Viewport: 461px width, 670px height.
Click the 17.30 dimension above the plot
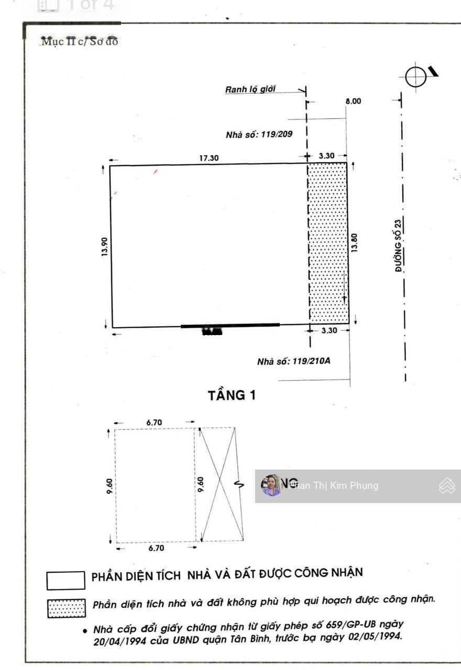click(x=209, y=158)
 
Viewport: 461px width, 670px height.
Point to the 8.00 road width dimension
click(x=353, y=101)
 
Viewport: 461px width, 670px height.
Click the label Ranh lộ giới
click(x=250, y=90)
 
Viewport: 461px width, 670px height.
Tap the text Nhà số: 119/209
click(x=259, y=134)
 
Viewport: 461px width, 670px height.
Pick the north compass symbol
click(x=416, y=77)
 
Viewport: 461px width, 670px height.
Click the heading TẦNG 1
click(x=232, y=395)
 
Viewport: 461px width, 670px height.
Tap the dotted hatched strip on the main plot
click(x=328, y=243)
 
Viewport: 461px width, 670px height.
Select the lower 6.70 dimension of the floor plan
click(x=156, y=548)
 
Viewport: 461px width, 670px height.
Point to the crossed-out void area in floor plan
click(x=218, y=484)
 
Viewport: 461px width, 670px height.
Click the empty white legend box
click(x=66, y=580)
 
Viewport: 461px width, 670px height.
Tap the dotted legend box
click(x=66, y=608)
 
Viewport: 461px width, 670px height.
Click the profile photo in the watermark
click(x=271, y=486)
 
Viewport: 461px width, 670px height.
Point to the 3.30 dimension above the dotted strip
click(x=327, y=155)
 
